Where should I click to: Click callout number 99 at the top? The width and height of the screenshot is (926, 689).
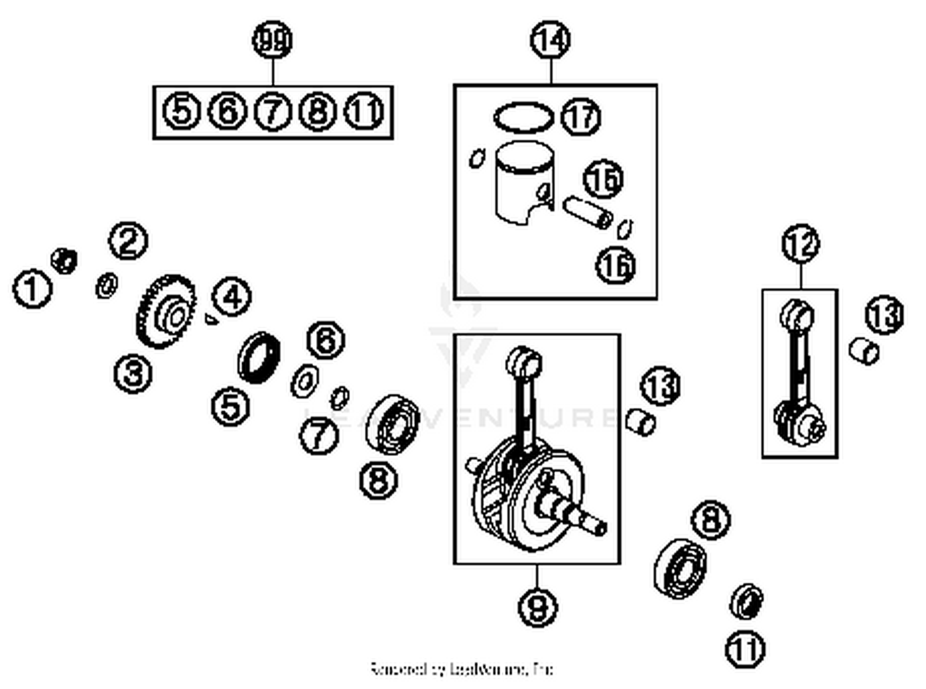click(x=272, y=41)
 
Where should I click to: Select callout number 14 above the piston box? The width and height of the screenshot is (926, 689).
click(x=550, y=40)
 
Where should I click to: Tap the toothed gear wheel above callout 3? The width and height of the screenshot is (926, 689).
click(x=165, y=311)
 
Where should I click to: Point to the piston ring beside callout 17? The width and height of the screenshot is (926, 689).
click(x=523, y=117)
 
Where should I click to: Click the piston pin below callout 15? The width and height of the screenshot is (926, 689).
click(x=587, y=212)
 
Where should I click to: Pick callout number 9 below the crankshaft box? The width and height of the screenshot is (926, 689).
click(x=537, y=607)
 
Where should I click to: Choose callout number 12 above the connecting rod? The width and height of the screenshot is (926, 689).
click(x=801, y=243)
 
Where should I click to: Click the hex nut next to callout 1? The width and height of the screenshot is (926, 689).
click(x=64, y=260)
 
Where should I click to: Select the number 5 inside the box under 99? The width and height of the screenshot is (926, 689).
click(x=181, y=112)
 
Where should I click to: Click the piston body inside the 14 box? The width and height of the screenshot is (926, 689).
click(x=523, y=182)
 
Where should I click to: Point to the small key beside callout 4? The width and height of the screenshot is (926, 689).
click(x=211, y=319)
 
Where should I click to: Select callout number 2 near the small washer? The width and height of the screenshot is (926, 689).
click(x=128, y=240)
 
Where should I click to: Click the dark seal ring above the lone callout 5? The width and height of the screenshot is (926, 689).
click(x=259, y=357)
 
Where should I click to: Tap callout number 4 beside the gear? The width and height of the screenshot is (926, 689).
click(x=232, y=297)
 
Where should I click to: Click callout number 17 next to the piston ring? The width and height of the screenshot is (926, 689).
click(x=580, y=117)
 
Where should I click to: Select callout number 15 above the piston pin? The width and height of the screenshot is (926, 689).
click(x=603, y=179)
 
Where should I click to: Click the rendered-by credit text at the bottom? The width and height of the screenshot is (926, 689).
click(x=462, y=669)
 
